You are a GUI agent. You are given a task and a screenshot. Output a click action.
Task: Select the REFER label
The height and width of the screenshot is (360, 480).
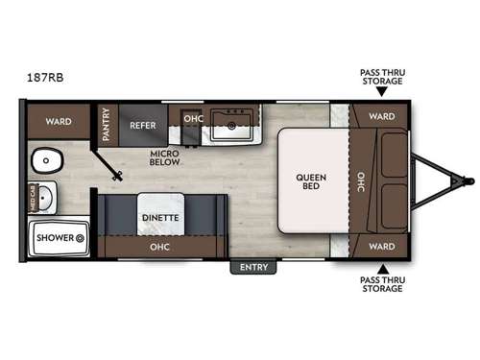point(143,124)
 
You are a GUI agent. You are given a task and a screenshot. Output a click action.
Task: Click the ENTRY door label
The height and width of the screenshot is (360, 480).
point(253,267)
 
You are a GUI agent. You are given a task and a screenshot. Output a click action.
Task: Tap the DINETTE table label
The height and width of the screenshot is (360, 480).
point(159,218)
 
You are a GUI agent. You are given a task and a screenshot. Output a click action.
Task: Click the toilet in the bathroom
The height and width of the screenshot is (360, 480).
point(43,159)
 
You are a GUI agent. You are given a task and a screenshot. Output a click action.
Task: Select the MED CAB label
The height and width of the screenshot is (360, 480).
point(34,198)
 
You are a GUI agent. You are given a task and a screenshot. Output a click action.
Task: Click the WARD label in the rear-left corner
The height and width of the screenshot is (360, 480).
point(57,122)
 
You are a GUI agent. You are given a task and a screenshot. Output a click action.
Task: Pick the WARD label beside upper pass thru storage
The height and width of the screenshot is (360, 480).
point(381,117)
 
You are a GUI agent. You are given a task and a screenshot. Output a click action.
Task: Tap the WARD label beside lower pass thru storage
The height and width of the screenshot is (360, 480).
point(381,246)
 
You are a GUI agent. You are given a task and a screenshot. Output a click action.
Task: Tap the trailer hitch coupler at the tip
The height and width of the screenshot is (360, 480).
point(468,180)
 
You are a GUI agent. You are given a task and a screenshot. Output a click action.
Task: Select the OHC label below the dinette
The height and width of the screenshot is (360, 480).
point(159,246)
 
